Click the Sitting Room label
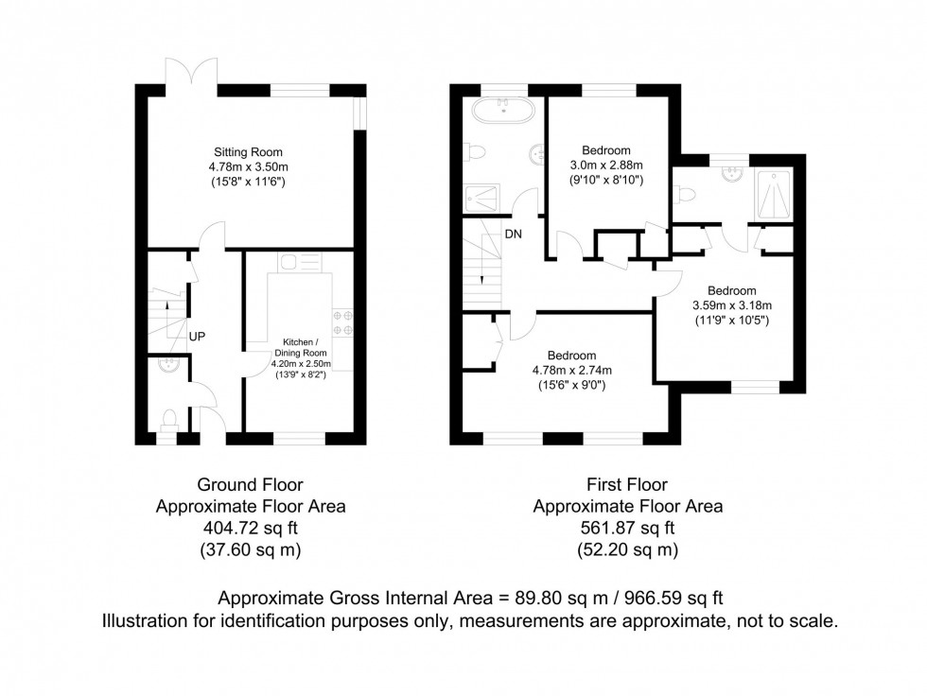point(248,151)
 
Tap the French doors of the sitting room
point(179,76)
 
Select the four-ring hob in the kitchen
point(341,322)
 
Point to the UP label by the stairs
point(197,336)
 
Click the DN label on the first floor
point(512,234)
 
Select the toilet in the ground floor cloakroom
point(167,417)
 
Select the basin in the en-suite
point(729,174)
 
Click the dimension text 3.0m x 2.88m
point(606,165)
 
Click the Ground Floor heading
point(250,485)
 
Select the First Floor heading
point(628,485)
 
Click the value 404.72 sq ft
point(250,528)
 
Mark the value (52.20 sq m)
point(628,548)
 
